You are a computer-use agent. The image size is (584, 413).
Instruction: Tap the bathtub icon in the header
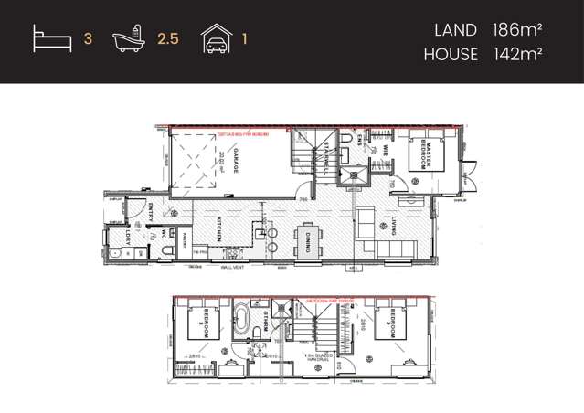click(128, 40)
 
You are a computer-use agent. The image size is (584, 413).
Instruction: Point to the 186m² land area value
click(517, 30)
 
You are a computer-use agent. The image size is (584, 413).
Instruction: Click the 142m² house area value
click(517, 54)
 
